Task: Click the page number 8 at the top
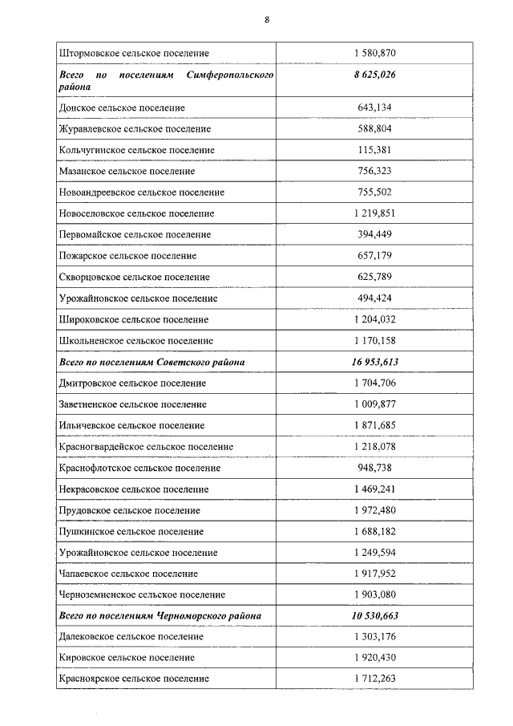pos(266,20)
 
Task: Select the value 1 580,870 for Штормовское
pos(374,53)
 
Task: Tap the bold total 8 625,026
pos(374,75)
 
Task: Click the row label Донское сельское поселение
pos(122,107)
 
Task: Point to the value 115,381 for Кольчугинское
pos(374,150)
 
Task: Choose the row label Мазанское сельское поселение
pos(127,172)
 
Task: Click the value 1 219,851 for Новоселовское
pos(374,213)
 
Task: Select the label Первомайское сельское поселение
pos(135,235)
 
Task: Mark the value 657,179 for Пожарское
pos(374,256)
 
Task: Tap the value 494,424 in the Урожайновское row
pos(374,298)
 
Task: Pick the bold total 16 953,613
pos(374,363)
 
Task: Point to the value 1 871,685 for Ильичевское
pos(374,425)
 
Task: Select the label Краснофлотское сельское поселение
pos(139,468)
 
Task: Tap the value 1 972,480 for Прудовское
pos(374,510)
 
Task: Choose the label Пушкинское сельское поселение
pos(131,531)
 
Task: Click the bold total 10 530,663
pos(374,616)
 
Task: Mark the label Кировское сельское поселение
pos(127,657)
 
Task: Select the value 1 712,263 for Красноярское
pos(374,679)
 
